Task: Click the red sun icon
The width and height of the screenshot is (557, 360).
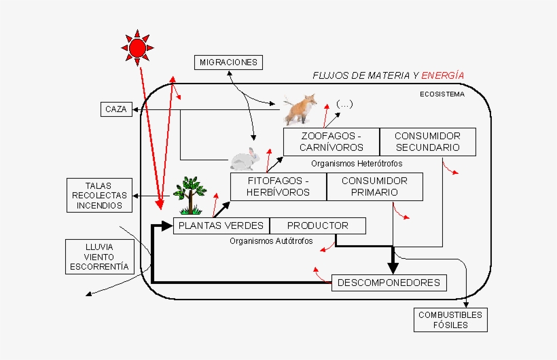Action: (x=137, y=47)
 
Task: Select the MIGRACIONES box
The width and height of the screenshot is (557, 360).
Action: (x=228, y=62)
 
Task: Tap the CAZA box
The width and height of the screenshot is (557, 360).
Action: (x=116, y=109)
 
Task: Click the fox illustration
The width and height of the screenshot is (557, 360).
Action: (x=300, y=109)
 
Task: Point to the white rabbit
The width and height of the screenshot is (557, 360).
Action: (x=245, y=160)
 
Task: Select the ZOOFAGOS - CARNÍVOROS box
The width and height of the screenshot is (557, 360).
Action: (x=331, y=141)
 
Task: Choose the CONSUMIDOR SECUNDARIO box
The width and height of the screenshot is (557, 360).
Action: (x=427, y=141)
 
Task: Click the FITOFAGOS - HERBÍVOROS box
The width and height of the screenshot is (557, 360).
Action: (x=278, y=186)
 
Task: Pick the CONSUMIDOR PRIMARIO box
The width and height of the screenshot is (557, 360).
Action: (x=374, y=186)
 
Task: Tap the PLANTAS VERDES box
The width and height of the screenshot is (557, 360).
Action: (x=221, y=226)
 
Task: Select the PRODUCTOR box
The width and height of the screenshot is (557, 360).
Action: (x=317, y=226)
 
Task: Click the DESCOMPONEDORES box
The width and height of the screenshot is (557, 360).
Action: (x=389, y=283)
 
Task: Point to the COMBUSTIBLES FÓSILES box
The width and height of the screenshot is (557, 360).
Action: (x=450, y=320)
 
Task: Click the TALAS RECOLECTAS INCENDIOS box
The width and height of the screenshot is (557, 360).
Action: (x=99, y=195)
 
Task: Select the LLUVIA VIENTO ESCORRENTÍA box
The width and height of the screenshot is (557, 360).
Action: (x=99, y=256)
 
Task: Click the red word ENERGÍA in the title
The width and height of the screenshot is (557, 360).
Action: (x=443, y=75)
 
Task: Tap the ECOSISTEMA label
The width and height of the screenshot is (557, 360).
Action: (x=442, y=94)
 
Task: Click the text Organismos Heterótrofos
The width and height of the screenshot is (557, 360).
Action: (x=357, y=164)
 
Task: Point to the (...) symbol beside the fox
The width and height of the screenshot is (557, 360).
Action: (x=344, y=104)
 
